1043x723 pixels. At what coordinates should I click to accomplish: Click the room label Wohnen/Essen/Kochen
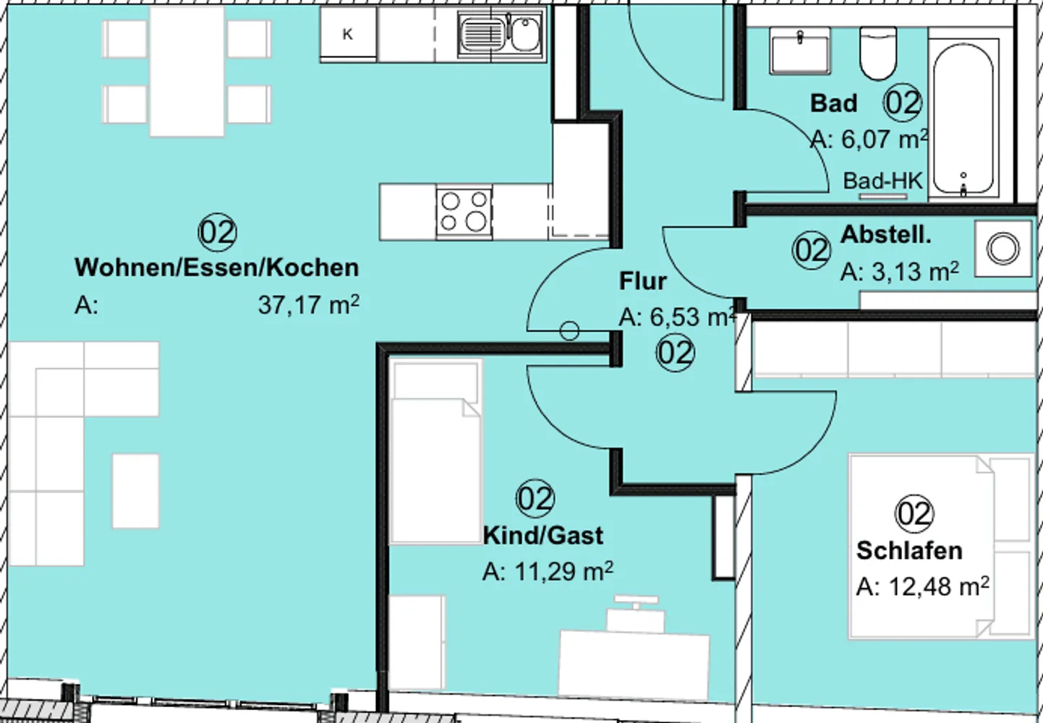tap(216, 268)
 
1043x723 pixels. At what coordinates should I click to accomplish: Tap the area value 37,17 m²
tap(309, 305)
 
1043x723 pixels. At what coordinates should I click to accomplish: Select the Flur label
tap(642, 281)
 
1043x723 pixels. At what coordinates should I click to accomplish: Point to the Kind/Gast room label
tap(543, 536)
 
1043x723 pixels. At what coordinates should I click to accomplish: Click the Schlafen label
tap(909, 551)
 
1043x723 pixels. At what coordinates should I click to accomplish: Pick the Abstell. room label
tap(885, 234)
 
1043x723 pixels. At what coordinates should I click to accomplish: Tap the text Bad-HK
tap(883, 181)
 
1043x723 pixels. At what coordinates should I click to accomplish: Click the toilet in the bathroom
tap(878, 53)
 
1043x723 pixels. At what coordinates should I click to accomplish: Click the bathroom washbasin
tap(800, 51)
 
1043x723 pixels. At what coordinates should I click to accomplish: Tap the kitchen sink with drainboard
tap(501, 34)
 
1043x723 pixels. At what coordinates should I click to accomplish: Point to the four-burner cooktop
tap(464, 212)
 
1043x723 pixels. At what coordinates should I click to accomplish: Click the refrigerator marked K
tap(349, 34)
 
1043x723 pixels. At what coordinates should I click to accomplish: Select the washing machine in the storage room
tap(1003, 249)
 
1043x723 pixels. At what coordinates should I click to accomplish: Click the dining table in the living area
tap(187, 72)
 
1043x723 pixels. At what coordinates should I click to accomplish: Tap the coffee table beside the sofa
tap(135, 491)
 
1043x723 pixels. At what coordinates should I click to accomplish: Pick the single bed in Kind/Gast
tap(436, 452)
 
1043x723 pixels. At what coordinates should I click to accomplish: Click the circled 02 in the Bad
tap(903, 103)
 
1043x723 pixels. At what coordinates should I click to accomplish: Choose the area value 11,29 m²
tap(548, 572)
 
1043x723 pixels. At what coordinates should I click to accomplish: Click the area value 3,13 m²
tap(900, 271)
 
